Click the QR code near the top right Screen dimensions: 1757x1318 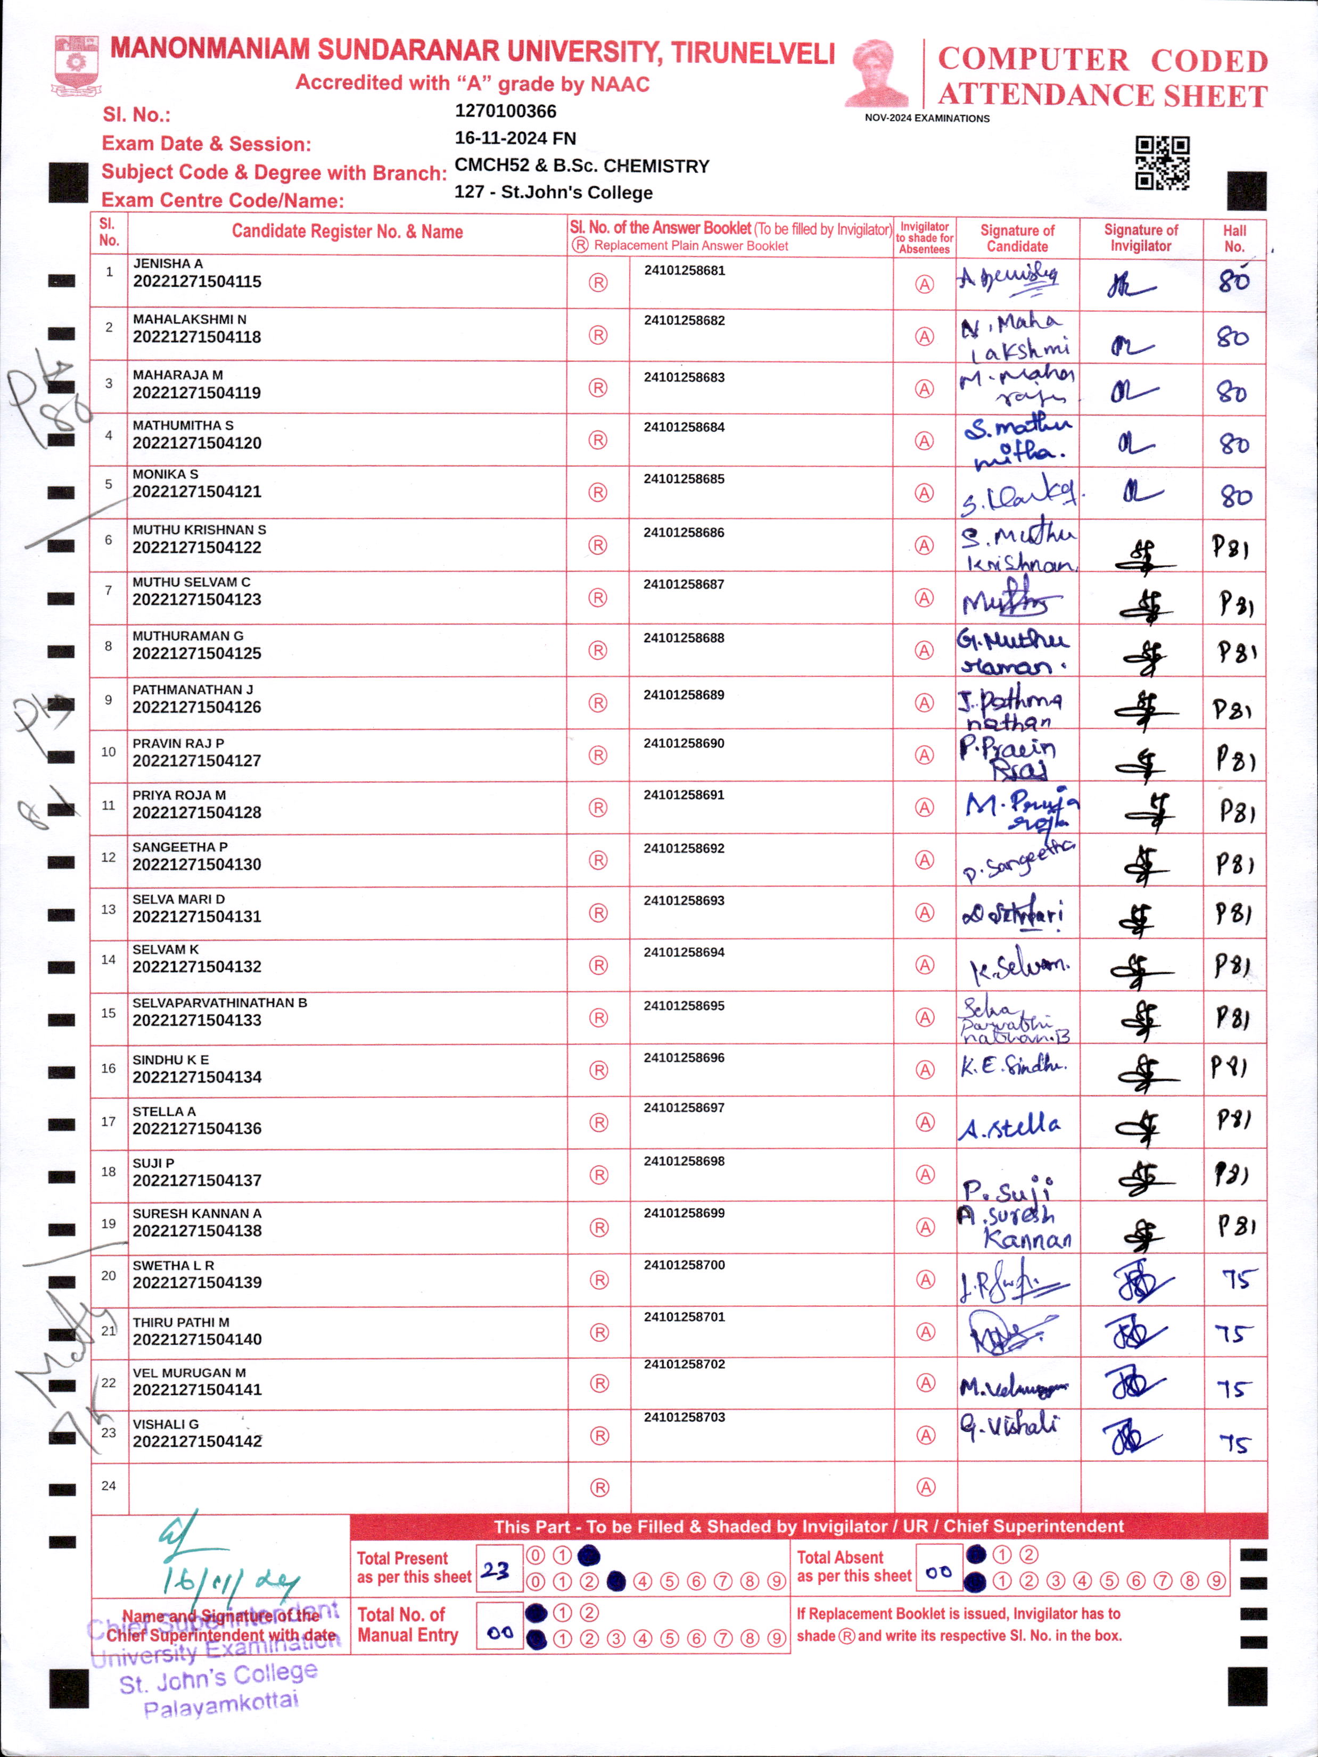(x=1162, y=163)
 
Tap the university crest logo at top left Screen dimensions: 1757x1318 (x=76, y=63)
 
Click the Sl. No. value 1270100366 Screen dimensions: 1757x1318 (x=505, y=111)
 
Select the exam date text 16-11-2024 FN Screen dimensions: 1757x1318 (x=515, y=138)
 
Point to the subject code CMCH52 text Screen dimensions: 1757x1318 (x=482, y=167)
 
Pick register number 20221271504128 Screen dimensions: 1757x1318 (x=196, y=813)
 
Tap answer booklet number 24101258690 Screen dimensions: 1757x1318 (x=683, y=743)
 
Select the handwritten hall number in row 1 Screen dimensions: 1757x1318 (x=1234, y=280)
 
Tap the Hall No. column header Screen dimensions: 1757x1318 (x=1234, y=238)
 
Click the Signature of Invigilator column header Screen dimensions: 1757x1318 (x=1140, y=237)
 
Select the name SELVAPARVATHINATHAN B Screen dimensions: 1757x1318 (x=219, y=1003)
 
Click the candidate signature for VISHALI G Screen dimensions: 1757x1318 (x=1009, y=1427)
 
